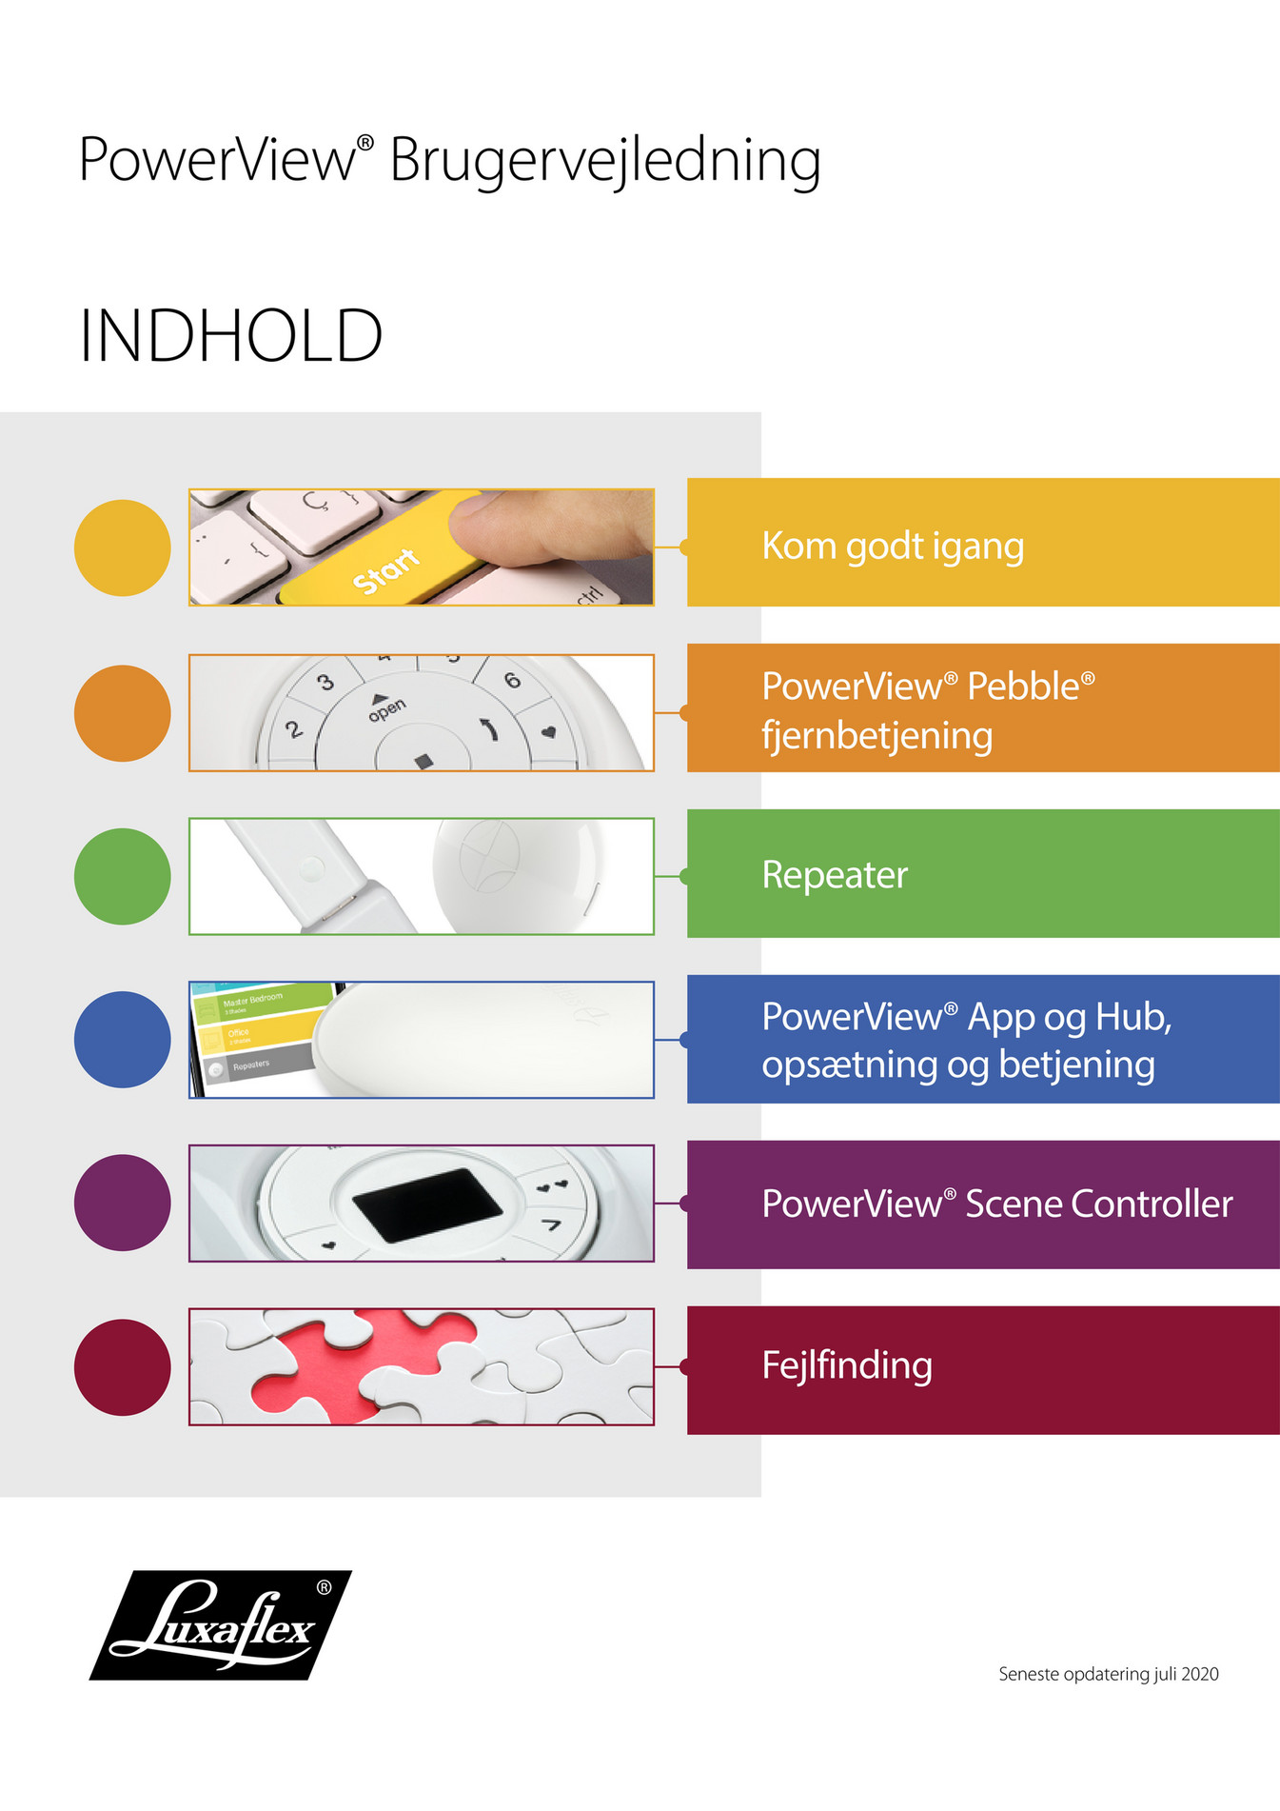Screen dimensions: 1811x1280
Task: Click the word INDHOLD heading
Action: (x=230, y=336)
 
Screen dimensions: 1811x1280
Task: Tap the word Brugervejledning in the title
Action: (x=604, y=160)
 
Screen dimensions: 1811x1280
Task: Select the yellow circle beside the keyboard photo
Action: (x=123, y=548)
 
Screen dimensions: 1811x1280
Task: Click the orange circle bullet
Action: (x=123, y=713)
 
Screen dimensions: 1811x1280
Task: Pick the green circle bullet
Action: (x=123, y=877)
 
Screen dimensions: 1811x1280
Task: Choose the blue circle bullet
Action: (x=123, y=1040)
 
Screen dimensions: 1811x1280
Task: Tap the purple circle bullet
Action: (x=123, y=1204)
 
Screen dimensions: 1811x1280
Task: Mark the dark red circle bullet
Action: (x=123, y=1367)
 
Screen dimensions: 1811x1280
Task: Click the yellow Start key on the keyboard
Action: (x=385, y=568)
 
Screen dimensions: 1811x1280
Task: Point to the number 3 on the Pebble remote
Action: (x=325, y=683)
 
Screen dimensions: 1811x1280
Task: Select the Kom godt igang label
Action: (x=893, y=547)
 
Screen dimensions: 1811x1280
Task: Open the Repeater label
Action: (x=835, y=875)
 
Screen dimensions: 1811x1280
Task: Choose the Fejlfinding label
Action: (x=847, y=1365)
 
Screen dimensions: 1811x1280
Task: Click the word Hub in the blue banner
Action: (x=1132, y=1017)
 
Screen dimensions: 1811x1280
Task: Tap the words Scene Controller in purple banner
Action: (x=1099, y=1204)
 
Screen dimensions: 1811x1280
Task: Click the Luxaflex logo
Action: (x=221, y=1624)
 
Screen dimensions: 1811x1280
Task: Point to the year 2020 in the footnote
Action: (x=1199, y=1674)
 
